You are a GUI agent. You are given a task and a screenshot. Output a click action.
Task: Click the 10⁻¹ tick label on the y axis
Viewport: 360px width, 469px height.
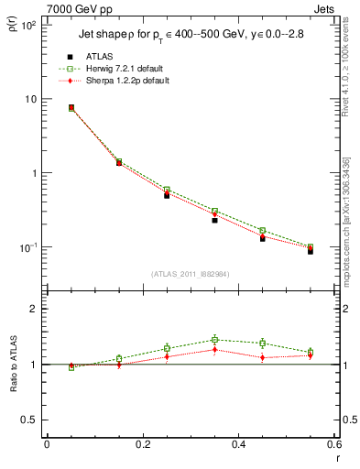pos(29,247)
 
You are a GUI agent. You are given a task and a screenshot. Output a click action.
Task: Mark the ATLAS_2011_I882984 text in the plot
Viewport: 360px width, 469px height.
pos(190,274)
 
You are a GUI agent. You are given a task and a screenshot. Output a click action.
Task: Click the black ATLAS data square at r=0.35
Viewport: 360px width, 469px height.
pos(214,220)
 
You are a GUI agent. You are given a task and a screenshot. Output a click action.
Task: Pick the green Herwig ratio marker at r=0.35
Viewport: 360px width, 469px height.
pos(214,340)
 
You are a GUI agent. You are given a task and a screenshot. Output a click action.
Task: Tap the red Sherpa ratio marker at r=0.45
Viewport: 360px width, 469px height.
pos(263,357)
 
